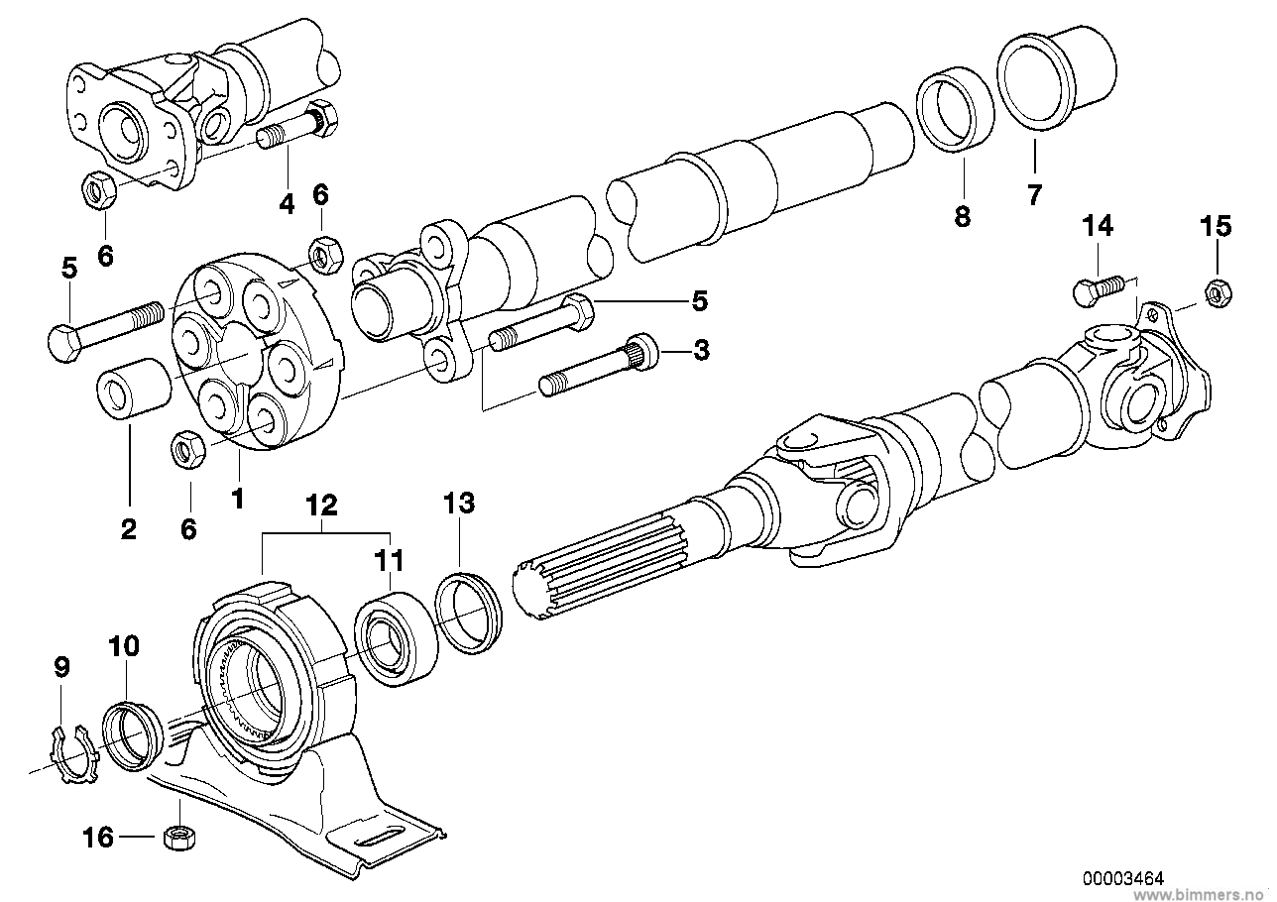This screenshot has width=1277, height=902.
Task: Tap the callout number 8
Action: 963,216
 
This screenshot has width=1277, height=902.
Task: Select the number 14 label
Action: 1098,226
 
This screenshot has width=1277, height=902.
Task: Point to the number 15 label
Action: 1216,226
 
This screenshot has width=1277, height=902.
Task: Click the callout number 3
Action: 701,349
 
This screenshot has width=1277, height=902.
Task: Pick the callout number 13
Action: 459,504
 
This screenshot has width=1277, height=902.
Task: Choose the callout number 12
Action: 321,505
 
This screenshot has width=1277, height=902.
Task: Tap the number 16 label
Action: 98,838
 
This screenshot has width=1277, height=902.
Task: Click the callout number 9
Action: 61,668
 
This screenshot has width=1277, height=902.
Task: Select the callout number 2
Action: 128,529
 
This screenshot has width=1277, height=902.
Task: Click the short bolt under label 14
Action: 1098,290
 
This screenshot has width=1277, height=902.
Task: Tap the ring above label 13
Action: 469,614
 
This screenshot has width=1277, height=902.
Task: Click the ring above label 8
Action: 955,109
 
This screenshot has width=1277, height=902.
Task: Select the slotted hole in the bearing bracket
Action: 376,838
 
